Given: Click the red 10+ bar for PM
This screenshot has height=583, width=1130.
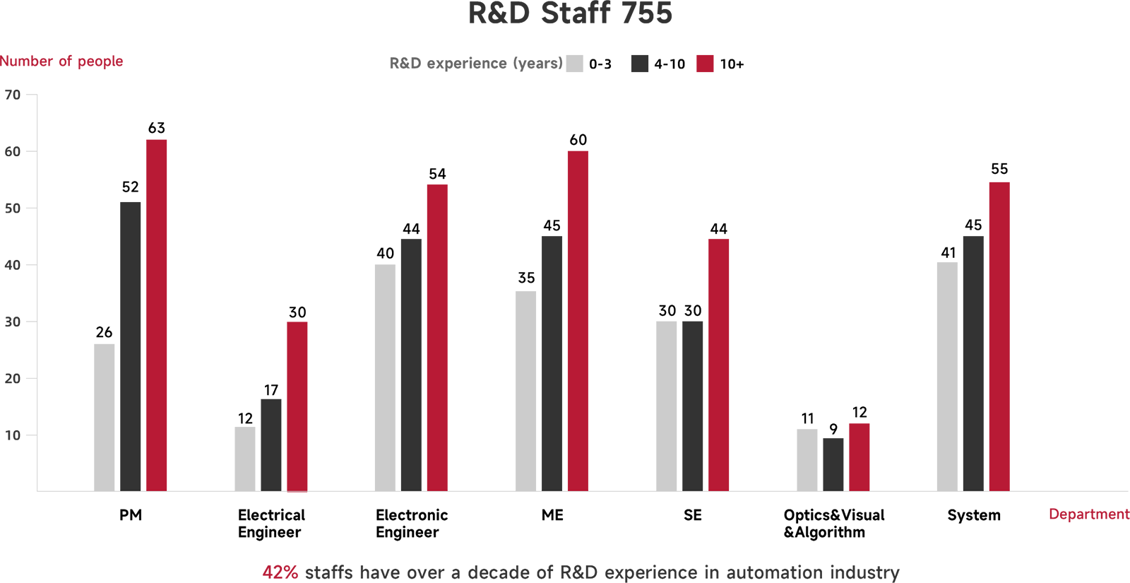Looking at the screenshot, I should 156,315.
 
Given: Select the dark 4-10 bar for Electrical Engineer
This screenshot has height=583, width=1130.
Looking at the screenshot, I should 271,445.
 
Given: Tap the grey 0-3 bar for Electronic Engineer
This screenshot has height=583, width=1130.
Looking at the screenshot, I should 385,378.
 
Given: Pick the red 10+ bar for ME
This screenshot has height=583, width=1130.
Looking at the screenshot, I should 578,321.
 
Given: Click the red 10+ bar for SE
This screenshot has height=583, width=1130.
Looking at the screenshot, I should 718,365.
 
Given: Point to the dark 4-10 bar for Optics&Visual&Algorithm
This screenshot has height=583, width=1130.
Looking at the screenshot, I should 833,464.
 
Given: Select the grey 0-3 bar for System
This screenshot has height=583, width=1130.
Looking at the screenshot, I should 947,377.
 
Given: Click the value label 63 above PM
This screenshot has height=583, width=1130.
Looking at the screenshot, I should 156,128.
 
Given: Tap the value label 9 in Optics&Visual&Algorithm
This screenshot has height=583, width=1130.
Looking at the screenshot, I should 833,429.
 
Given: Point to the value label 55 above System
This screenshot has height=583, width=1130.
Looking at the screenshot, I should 999,169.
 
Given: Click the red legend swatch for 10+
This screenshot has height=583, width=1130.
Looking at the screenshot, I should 705,64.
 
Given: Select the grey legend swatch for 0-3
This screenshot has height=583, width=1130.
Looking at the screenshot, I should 575,64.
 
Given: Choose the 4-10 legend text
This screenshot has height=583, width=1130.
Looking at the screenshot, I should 670,64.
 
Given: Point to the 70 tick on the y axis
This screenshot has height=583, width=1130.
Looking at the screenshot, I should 13,95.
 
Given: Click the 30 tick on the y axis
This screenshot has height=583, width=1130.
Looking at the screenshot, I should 13,322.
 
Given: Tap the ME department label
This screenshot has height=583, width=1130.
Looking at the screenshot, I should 552,515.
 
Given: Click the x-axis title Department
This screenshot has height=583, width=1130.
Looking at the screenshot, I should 1088,514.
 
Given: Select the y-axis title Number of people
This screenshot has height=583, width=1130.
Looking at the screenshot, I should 61,61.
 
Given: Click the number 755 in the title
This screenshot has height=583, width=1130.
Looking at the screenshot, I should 643,14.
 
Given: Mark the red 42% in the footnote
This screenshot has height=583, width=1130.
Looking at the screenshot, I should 280,572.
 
